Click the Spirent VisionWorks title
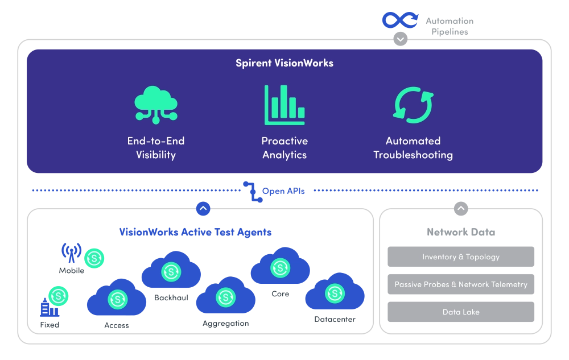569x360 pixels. point(284,63)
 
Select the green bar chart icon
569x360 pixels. point(284,105)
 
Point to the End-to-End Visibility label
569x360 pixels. point(155,148)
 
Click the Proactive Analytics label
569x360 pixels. point(284,148)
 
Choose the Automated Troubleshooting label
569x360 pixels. point(413,148)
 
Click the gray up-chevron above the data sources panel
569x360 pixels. point(461,209)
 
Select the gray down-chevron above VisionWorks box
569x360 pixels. point(401,39)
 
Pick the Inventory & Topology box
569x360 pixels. point(461,257)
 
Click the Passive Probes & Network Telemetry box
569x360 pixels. point(461,284)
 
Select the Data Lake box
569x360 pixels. point(461,312)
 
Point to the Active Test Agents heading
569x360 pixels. point(195,232)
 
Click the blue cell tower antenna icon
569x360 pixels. point(71,251)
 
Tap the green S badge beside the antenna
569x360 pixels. point(94,258)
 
